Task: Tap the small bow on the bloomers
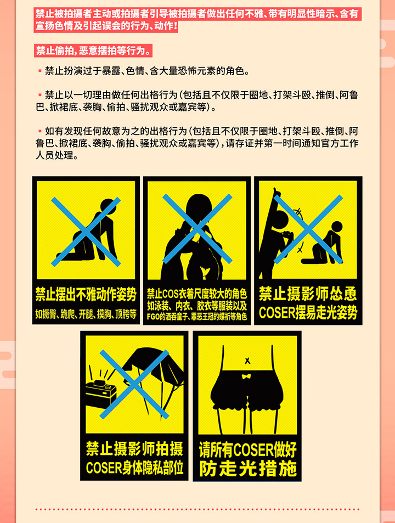[246, 376]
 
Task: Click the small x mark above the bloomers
[247, 361]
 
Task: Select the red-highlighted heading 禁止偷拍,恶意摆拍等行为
[93, 50]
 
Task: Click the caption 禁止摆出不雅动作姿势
[86, 294]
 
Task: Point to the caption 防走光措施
[247, 469]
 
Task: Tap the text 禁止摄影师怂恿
[308, 294]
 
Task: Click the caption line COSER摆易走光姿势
[308, 312]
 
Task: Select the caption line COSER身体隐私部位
[134, 468]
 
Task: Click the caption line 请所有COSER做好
[247, 450]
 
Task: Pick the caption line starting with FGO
[196, 317]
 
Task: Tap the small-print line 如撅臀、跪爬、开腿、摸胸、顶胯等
[86, 314]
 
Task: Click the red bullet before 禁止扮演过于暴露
[40, 71]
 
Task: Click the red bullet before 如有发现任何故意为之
[40, 131]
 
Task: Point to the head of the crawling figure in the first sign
[108, 207]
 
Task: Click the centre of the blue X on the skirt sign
[134, 384]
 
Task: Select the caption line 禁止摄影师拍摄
[134, 449]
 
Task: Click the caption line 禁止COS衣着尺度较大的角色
[196, 294]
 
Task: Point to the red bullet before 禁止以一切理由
[40, 95]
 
